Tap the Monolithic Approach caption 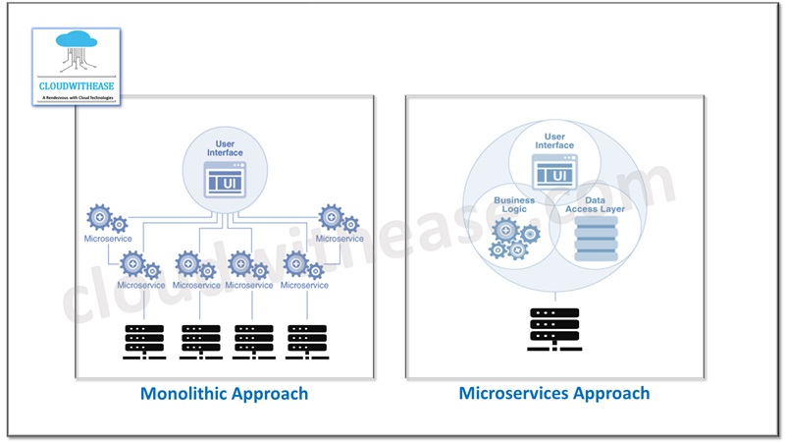click(225, 394)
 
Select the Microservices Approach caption click(554, 393)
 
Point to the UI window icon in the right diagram click(554, 173)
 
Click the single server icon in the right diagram click(554, 328)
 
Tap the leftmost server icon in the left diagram click(144, 340)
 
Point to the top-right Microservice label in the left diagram click(340, 239)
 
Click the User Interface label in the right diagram click(554, 140)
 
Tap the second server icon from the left click(200, 340)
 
